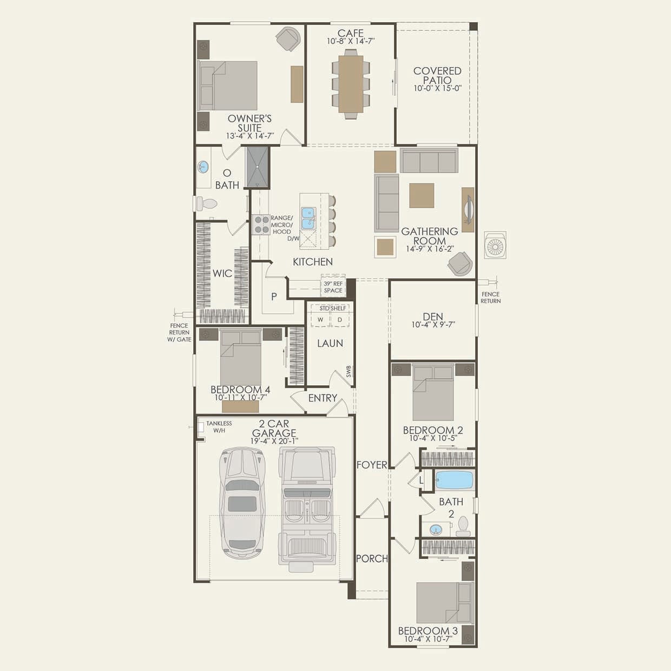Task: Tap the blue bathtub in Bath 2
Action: tap(455, 480)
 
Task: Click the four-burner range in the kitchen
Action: tap(261, 225)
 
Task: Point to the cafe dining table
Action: tap(351, 84)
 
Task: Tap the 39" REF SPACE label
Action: tap(333, 287)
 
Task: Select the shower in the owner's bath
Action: tap(258, 167)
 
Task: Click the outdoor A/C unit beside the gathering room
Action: tap(495, 245)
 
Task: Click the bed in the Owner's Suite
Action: tap(227, 85)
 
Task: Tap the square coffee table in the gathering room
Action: tap(422, 196)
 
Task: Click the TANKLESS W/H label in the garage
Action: tap(219, 427)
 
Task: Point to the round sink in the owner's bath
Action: tap(203, 167)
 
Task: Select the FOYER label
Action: tap(372, 465)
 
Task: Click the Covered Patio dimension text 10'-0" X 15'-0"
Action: tap(438, 88)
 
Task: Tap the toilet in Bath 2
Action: tap(463, 527)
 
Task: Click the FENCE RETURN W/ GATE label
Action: tap(180, 333)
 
